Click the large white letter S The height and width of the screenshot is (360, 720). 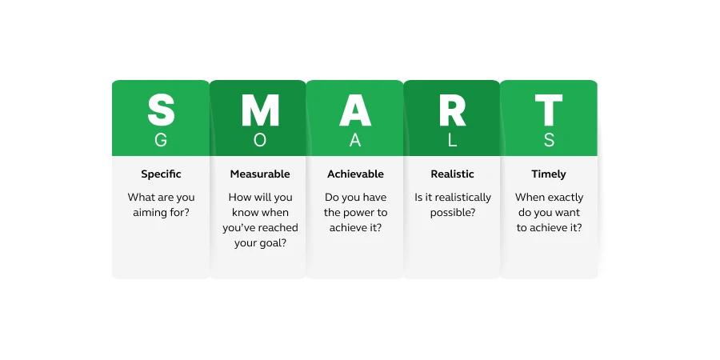pos(161,110)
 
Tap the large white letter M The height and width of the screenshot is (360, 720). pos(260,110)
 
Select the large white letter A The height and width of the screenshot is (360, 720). pos(355,110)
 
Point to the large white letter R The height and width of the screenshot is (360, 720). pos(452,110)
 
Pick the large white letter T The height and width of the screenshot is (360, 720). pos(549,110)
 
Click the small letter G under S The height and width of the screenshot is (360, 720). pos(161,140)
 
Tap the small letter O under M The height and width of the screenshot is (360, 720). pos(260,140)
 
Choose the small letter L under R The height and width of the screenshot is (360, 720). pos(452,140)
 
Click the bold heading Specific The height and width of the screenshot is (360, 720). pos(161,174)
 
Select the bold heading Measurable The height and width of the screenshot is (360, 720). pos(260,174)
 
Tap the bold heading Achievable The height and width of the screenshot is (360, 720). pos(355,174)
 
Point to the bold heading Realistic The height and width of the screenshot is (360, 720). pos(452,174)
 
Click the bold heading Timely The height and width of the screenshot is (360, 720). pos(549,174)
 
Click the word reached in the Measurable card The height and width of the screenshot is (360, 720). pos(280,228)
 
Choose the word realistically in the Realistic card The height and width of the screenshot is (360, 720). pos(463,198)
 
